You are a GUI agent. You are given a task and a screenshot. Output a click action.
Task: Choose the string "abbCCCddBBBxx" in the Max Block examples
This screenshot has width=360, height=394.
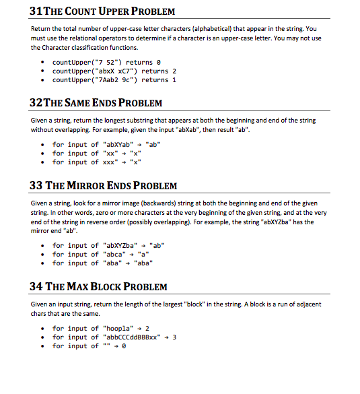pyautogui.click(x=135, y=337)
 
